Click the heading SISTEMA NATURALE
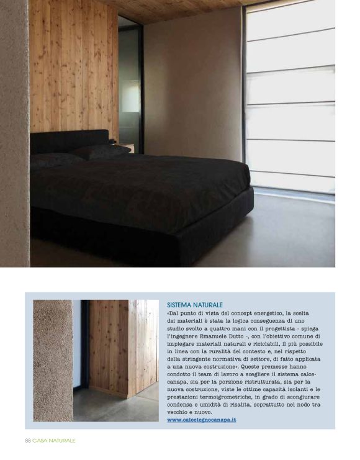click(195, 305)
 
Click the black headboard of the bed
click(68, 140)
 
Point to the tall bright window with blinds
click(290, 99)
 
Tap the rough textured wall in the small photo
click(52, 360)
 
